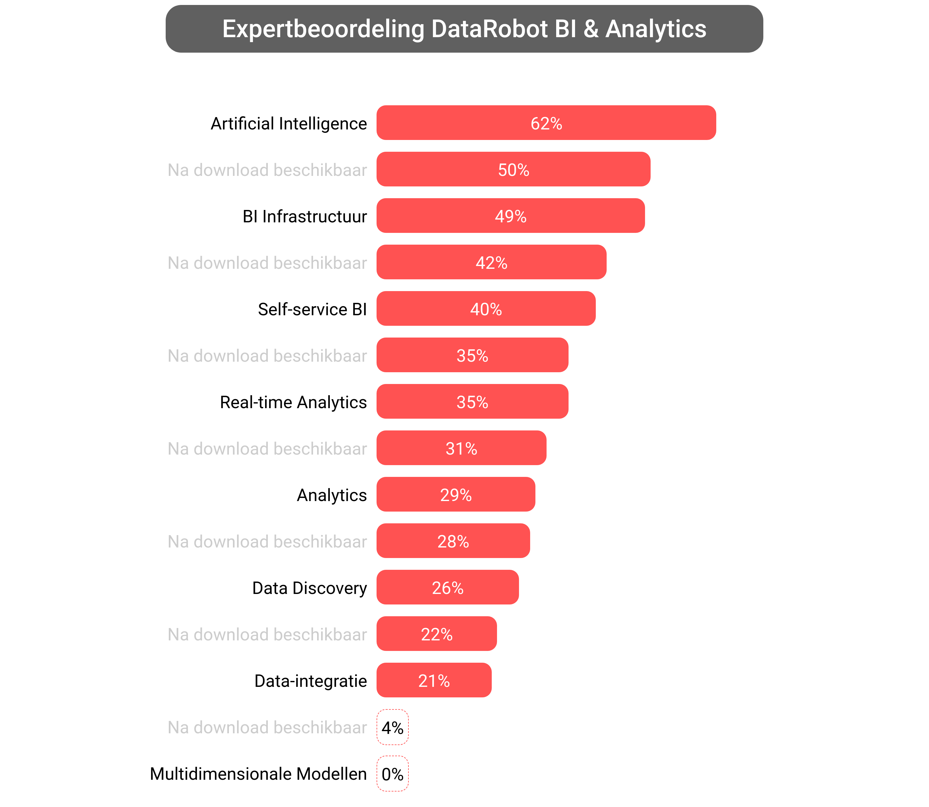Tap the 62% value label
tap(546, 123)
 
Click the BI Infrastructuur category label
tap(304, 216)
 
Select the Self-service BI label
tap(312, 309)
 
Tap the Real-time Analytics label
tap(293, 402)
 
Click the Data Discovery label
tap(309, 588)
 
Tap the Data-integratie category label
tap(310, 681)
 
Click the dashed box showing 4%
tap(392, 727)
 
